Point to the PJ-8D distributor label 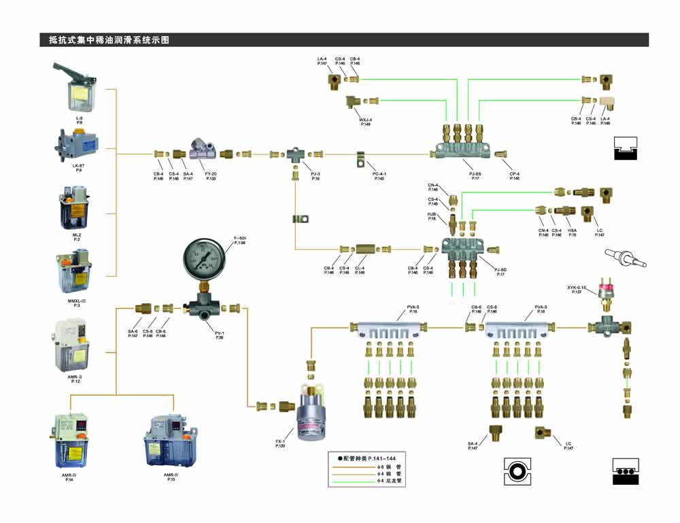point(500,271)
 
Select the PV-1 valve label point(219,334)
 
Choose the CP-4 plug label point(514,174)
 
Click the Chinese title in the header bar point(109,40)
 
